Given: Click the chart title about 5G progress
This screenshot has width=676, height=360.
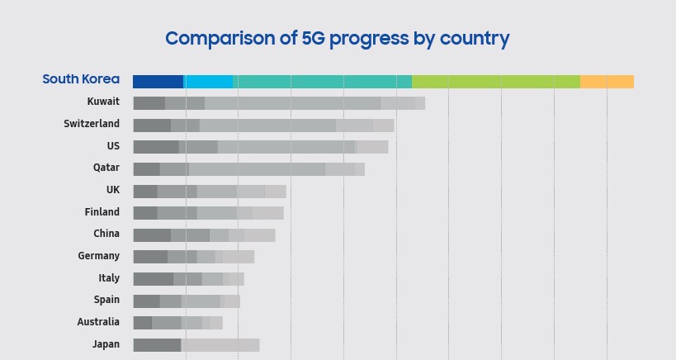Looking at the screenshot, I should (337, 38).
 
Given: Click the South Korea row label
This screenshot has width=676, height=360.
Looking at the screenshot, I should (81, 80).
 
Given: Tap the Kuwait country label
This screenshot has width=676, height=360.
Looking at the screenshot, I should (103, 102).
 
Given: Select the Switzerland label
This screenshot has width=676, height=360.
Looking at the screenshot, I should (92, 124).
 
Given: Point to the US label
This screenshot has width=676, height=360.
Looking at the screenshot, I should (113, 146).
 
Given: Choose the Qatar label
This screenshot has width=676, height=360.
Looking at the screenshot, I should (106, 168).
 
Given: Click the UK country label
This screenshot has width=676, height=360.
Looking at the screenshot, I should (113, 190).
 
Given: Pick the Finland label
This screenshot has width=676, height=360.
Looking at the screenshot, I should (102, 212).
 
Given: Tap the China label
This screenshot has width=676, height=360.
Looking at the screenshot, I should (106, 234).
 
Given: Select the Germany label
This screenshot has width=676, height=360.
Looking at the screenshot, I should (98, 256).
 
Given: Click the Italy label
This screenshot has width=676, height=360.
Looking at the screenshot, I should (109, 278).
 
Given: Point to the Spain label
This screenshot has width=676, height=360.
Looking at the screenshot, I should (106, 300).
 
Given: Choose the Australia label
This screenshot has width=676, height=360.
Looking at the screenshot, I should (98, 322).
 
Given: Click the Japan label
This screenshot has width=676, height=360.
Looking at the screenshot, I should (106, 344).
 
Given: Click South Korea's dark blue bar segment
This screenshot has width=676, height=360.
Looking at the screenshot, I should (158, 82).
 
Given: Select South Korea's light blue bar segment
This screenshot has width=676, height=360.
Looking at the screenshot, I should (208, 82).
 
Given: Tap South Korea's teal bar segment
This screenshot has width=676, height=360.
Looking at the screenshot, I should (322, 82).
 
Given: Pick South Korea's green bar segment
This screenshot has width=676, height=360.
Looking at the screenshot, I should (495, 82).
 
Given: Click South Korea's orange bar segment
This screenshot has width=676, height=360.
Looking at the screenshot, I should (607, 82).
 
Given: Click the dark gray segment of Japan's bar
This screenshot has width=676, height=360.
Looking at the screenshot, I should (157, 345).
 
